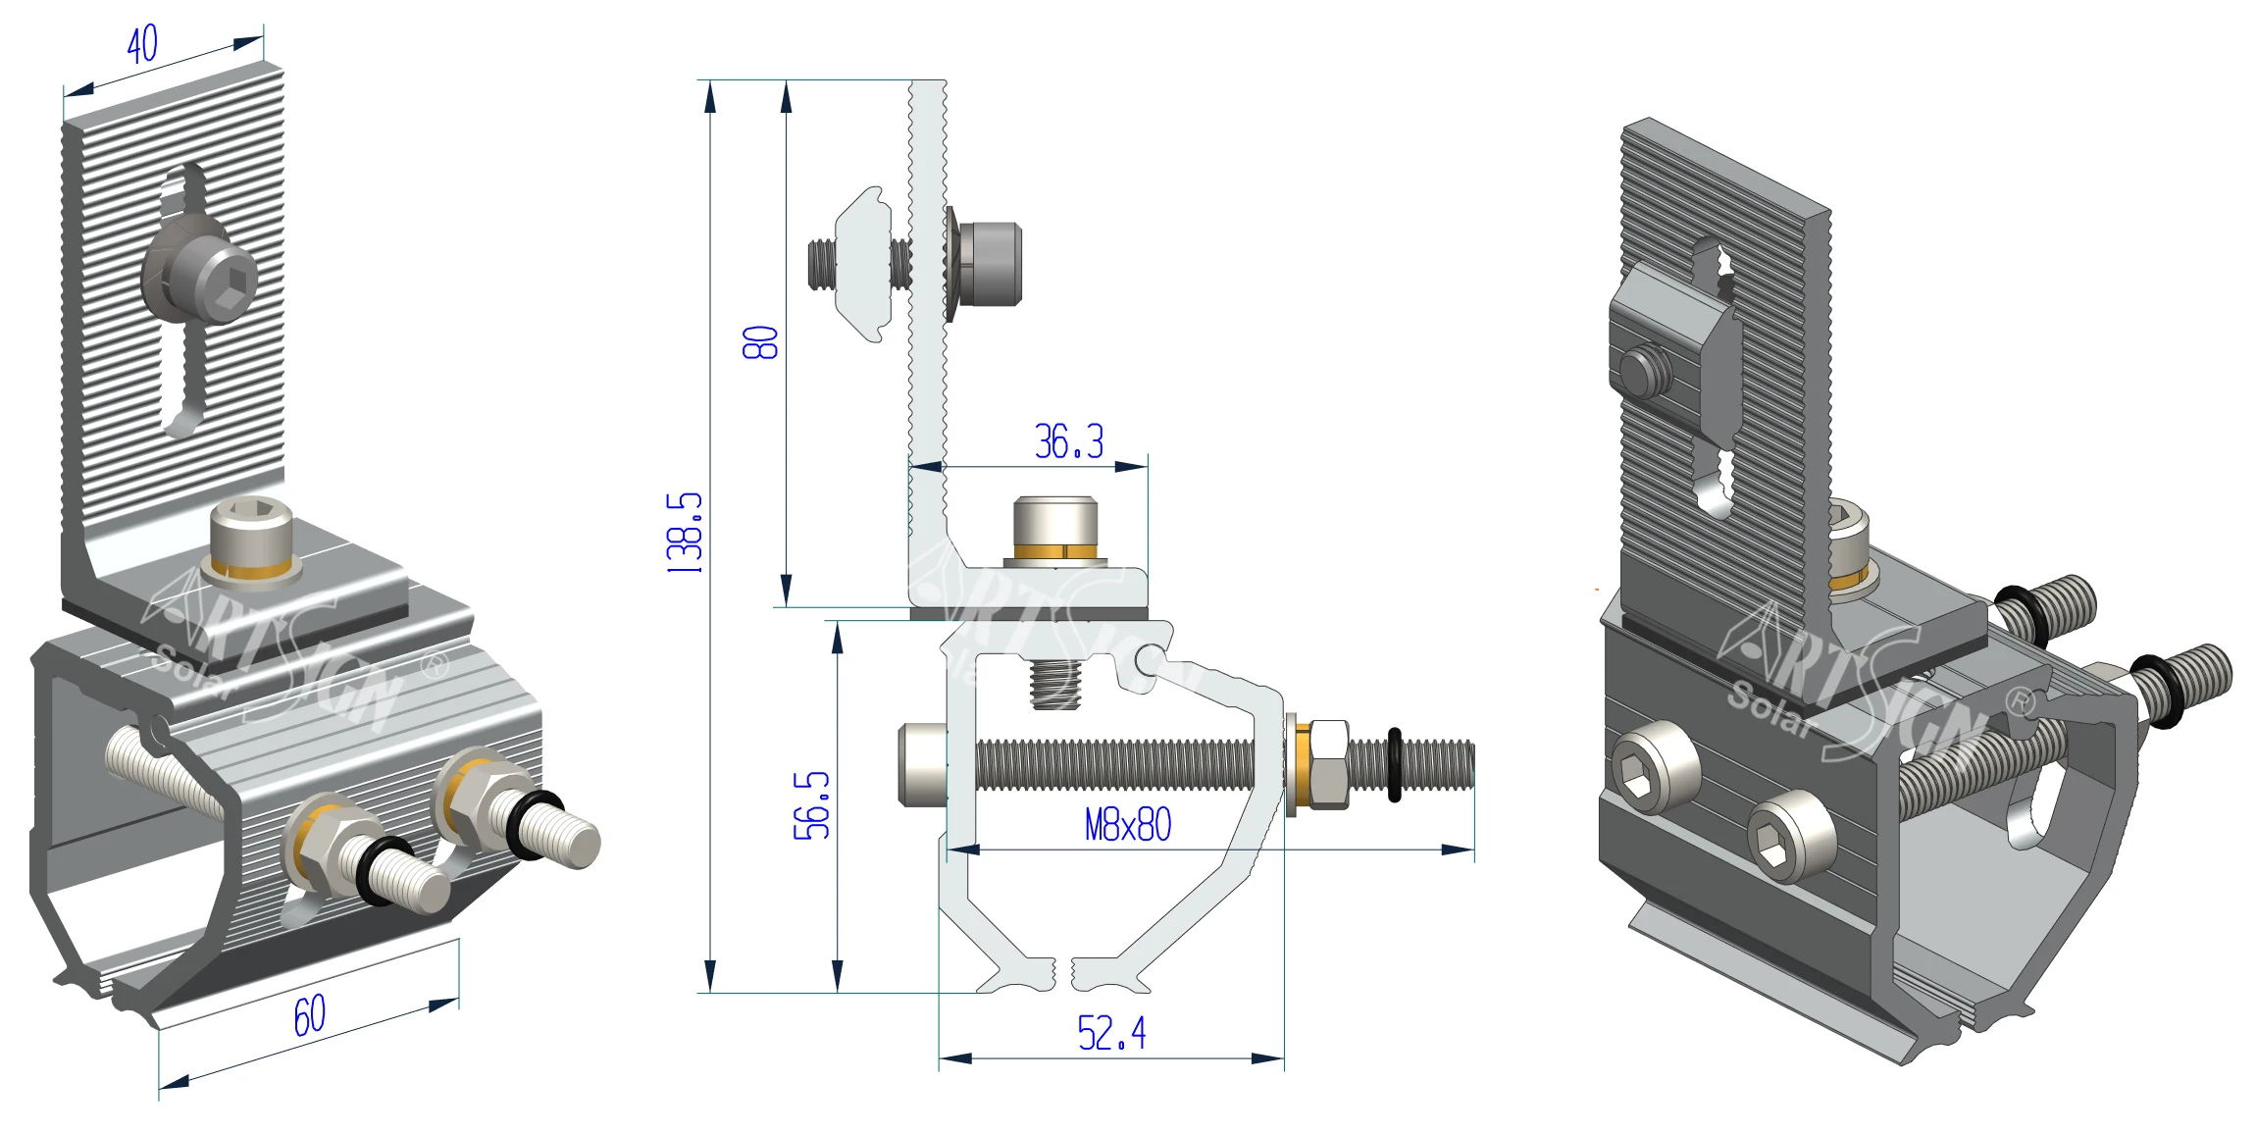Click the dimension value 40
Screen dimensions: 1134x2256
tap(142, 44)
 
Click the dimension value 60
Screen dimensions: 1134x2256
tap(310, 1016)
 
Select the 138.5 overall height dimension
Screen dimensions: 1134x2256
tap(685, 533)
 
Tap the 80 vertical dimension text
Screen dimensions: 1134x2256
tap(760, 342)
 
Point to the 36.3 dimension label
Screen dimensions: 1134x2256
tap(1068, 441)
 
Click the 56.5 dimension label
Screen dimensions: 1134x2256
tap(811, 805)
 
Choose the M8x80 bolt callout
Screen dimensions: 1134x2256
tap(1127, 825)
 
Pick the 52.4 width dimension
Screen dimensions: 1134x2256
tap(1110, 1033)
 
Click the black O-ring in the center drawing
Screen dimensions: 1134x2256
tap(1394, 764)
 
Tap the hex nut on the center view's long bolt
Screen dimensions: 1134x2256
tap(1329, 764)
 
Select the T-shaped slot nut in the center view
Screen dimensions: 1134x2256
tap(862, 264)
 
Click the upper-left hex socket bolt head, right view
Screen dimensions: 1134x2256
tap(1656, 767)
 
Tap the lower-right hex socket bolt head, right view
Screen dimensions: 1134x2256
tap(1790, 837)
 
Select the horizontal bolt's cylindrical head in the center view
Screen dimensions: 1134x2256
tap(922, 764)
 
